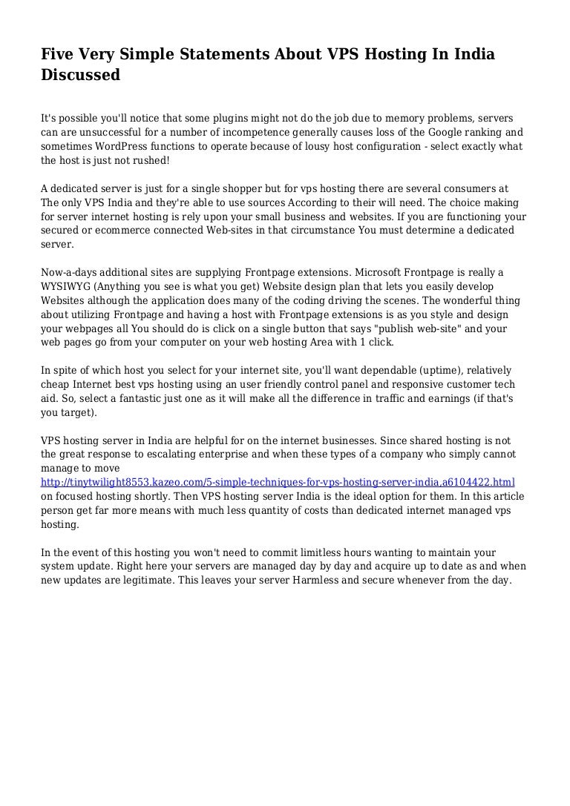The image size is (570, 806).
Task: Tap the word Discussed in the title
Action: (80, 75)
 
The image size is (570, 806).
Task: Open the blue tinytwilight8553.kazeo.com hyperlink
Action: (278, 482)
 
